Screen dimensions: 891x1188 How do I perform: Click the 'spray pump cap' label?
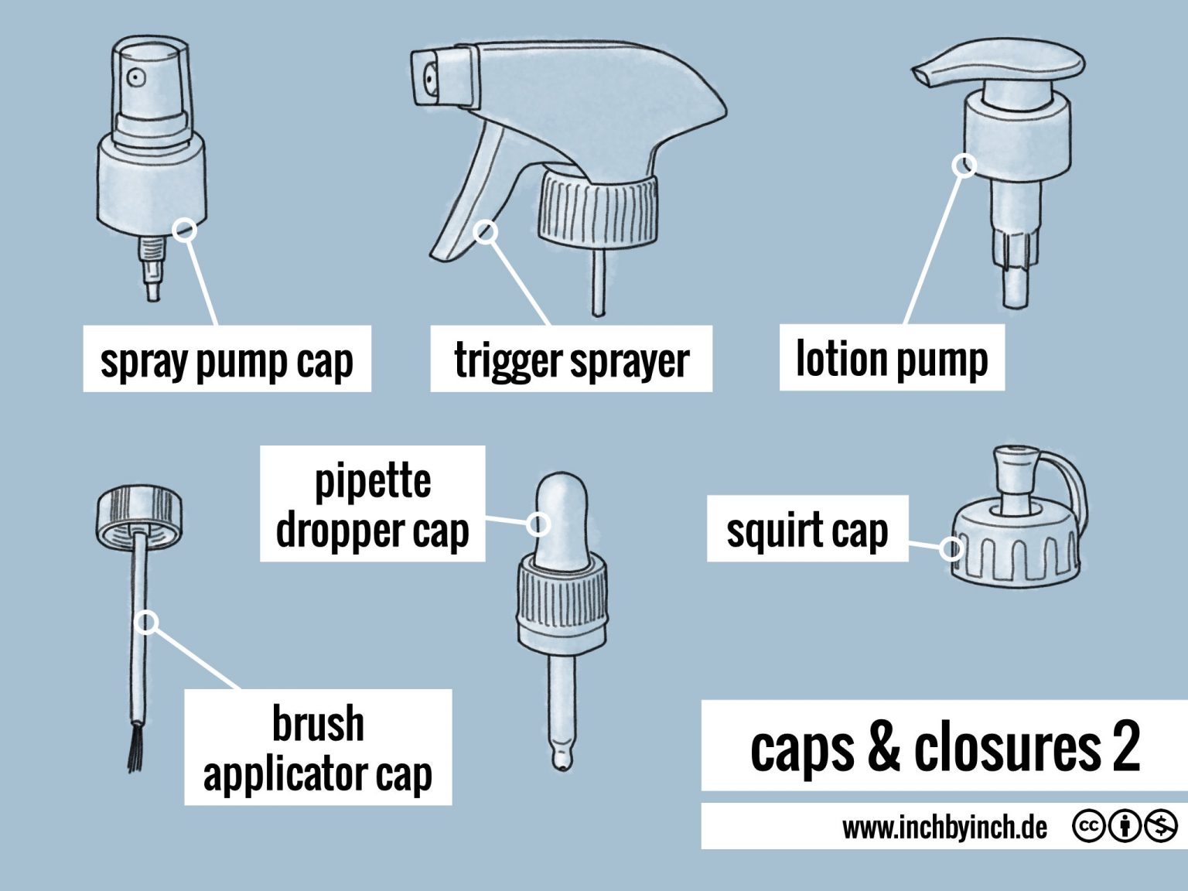coord(227,359)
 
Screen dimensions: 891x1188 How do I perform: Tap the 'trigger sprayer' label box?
coord(571,359)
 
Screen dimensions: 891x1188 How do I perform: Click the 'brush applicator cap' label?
coord(317,747)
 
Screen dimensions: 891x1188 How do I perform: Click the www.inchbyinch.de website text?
coord(944,828)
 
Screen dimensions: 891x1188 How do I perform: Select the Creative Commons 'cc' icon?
coord(1087,827)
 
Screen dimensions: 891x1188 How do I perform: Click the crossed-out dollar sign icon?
coord(1161,827)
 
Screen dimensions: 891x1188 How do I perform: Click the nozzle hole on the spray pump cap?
coord(136,77)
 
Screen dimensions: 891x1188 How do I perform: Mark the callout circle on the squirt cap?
coord(952,549)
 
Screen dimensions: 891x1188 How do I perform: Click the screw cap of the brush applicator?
coord(139,514)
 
